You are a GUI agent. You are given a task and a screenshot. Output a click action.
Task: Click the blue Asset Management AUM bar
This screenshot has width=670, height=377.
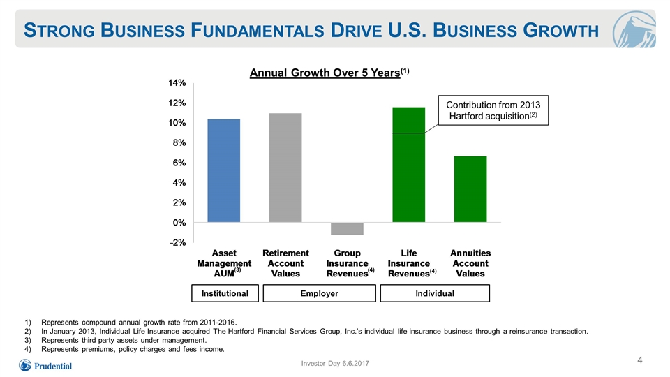click(223, 170)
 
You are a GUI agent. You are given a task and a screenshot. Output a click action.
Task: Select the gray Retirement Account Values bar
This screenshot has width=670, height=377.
click(285, 168)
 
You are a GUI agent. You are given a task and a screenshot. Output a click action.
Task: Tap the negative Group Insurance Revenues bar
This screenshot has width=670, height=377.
click(347, 229)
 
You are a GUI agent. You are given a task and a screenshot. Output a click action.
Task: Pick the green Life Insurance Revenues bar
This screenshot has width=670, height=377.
click(408, 165)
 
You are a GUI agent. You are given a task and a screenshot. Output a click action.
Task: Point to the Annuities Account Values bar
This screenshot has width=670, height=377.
click(470, 189)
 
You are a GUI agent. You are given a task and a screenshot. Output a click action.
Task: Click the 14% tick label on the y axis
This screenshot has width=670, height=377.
click(177, 83)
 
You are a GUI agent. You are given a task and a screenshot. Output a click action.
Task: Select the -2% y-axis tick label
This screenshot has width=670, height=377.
click(178, 243)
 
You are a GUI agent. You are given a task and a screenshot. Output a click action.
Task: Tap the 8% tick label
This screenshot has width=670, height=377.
click(179, 142)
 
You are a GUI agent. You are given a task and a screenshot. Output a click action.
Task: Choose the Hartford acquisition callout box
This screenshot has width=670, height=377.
click(493, 110)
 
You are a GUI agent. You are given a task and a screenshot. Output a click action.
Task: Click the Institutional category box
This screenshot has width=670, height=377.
click(225, 293)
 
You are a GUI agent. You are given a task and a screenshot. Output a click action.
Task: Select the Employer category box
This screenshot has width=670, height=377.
click(319, 293)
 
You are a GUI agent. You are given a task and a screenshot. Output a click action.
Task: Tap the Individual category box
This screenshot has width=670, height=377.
click(435, 293)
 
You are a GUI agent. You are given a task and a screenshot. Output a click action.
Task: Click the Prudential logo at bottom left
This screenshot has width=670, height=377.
click(45, 365)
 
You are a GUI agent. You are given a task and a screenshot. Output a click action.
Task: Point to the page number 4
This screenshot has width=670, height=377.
click(640, 360)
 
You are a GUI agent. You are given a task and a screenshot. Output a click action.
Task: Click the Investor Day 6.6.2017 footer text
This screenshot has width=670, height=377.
click(335, 363)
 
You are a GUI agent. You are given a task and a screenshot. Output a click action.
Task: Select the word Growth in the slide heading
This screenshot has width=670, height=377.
click(560, 30)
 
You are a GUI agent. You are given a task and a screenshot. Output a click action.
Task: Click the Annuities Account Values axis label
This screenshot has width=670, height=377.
click(470, 263)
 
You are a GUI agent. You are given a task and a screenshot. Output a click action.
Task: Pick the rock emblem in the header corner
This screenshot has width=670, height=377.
click(634, 29)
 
